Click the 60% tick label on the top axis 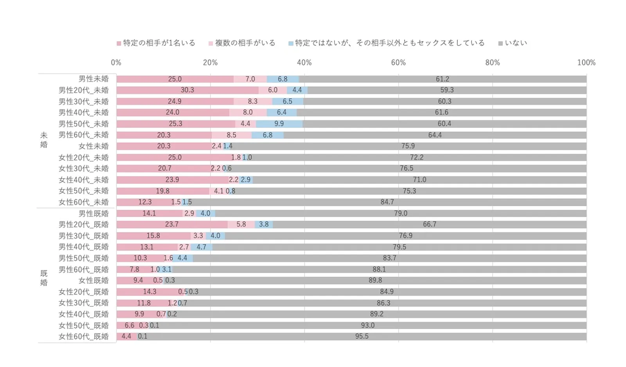pyautogui.click(x=398, y=63)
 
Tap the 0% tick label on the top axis pyautogui.click(x=116, y=63)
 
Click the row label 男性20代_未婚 pyautogui.click(x=84, y=90)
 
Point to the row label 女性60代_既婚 pyautogui.click(x=84, y=336)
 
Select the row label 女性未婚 pyautogui.click(x=94, y=146)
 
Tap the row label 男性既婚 pyautogui.click(x=94, y=214)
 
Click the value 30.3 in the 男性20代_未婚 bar pyautogui.click(x=187, y=90)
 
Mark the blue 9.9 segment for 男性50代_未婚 pyautogui.click(x=279, y=124)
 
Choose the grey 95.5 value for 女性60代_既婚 pyautogui.click(x=362, y=336)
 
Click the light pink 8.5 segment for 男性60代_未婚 pyautogui.click(x=232, y=135)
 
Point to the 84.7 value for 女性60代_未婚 pyautogui.click(x=387, y=202)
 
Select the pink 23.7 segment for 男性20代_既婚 pyautogui.click(x=172, y=225)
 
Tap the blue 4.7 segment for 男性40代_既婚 pyautogui.click(x=201, y=247)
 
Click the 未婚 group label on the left pyautogui.click(x=44, y=140)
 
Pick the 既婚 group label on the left pyautogui.click(x=44, y=278)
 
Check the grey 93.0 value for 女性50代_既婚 pyautogui.click(x=368, y=326)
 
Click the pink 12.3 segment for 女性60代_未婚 pyautogui.click(x=145, y=202)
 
